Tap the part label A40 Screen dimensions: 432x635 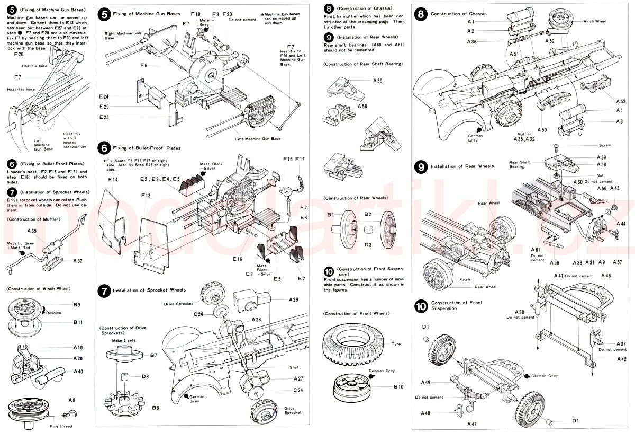[79, 371]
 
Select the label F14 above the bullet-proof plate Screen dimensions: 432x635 [112, 180]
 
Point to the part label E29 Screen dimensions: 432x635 [103, 107]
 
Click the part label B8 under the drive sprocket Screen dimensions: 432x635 [155, 408]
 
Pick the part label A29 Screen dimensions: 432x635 [294, 299]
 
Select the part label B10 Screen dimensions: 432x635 [398, 387]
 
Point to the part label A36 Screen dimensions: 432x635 [472, 41]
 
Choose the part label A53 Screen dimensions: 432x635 [621, 101]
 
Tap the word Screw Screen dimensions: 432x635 [604, 145]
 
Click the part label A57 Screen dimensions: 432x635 [617, 262]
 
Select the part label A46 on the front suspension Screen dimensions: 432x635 [606, 276]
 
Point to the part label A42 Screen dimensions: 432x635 [621, 359]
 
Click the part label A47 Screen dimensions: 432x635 [472, 424]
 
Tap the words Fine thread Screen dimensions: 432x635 [61, 426]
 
